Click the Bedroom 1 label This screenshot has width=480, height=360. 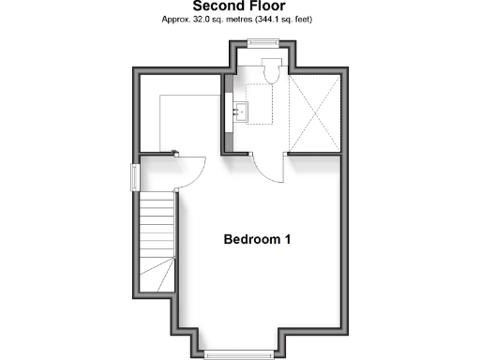point(257,239)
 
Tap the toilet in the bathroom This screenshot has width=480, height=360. point(272,71)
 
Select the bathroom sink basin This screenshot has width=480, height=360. point(243,112)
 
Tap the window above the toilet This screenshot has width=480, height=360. point(263,40)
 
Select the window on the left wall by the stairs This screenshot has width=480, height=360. point(134,175)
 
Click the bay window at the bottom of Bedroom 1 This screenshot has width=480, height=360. point(238,353)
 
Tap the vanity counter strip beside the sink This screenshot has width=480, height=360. point(228,112)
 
